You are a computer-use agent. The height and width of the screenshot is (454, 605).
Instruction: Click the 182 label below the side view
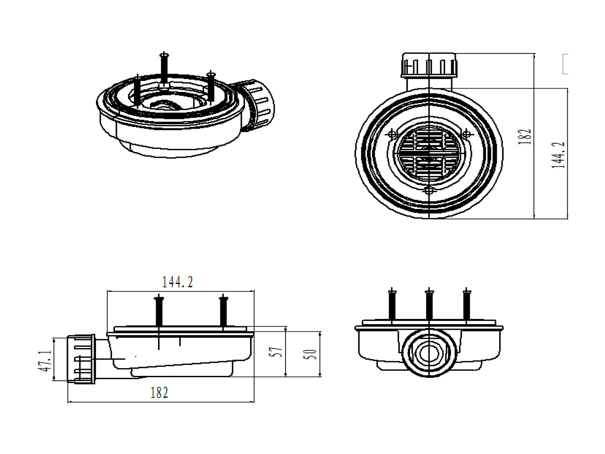pyautogui.click(x=159, y=392)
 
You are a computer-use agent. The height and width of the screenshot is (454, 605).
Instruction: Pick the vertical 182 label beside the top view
pyautogui.click(x=524, y=137)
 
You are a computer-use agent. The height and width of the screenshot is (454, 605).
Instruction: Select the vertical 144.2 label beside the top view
pyautogui.click(x=559, y=155)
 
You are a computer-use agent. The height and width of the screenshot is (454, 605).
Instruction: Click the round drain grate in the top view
pyautogui.click(x=429, y=153)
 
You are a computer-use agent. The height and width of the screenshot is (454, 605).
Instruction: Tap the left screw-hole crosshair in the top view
pyautogui.click(x=392, y=134)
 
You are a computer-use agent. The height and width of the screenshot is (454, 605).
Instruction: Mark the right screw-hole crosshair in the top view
pyautogui.click(x=466, y=134)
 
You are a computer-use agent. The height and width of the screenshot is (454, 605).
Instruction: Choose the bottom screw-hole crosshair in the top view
pyautogui.click(x=429, y=190)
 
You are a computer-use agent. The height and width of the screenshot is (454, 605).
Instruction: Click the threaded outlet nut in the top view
pyautogui.click(x=429, y=65)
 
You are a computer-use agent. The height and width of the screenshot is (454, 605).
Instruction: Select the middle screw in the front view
pyautogui.click(x=429, y=304)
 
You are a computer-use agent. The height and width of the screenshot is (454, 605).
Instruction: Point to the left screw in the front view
pyautogui.click(x=392, y=304)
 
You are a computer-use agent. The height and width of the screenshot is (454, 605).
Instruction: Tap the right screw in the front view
pyautogui.click(x=466, y=304)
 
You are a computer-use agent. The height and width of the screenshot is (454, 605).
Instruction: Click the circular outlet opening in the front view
pyautogui.click(x=429, y=353)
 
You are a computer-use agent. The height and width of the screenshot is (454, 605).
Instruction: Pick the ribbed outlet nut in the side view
pyautogui.click(x=81, y=359)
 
